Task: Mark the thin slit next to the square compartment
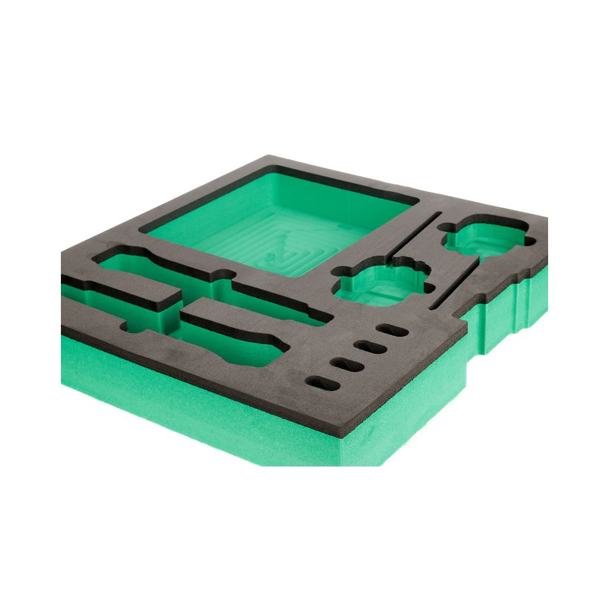coord(414,234)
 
